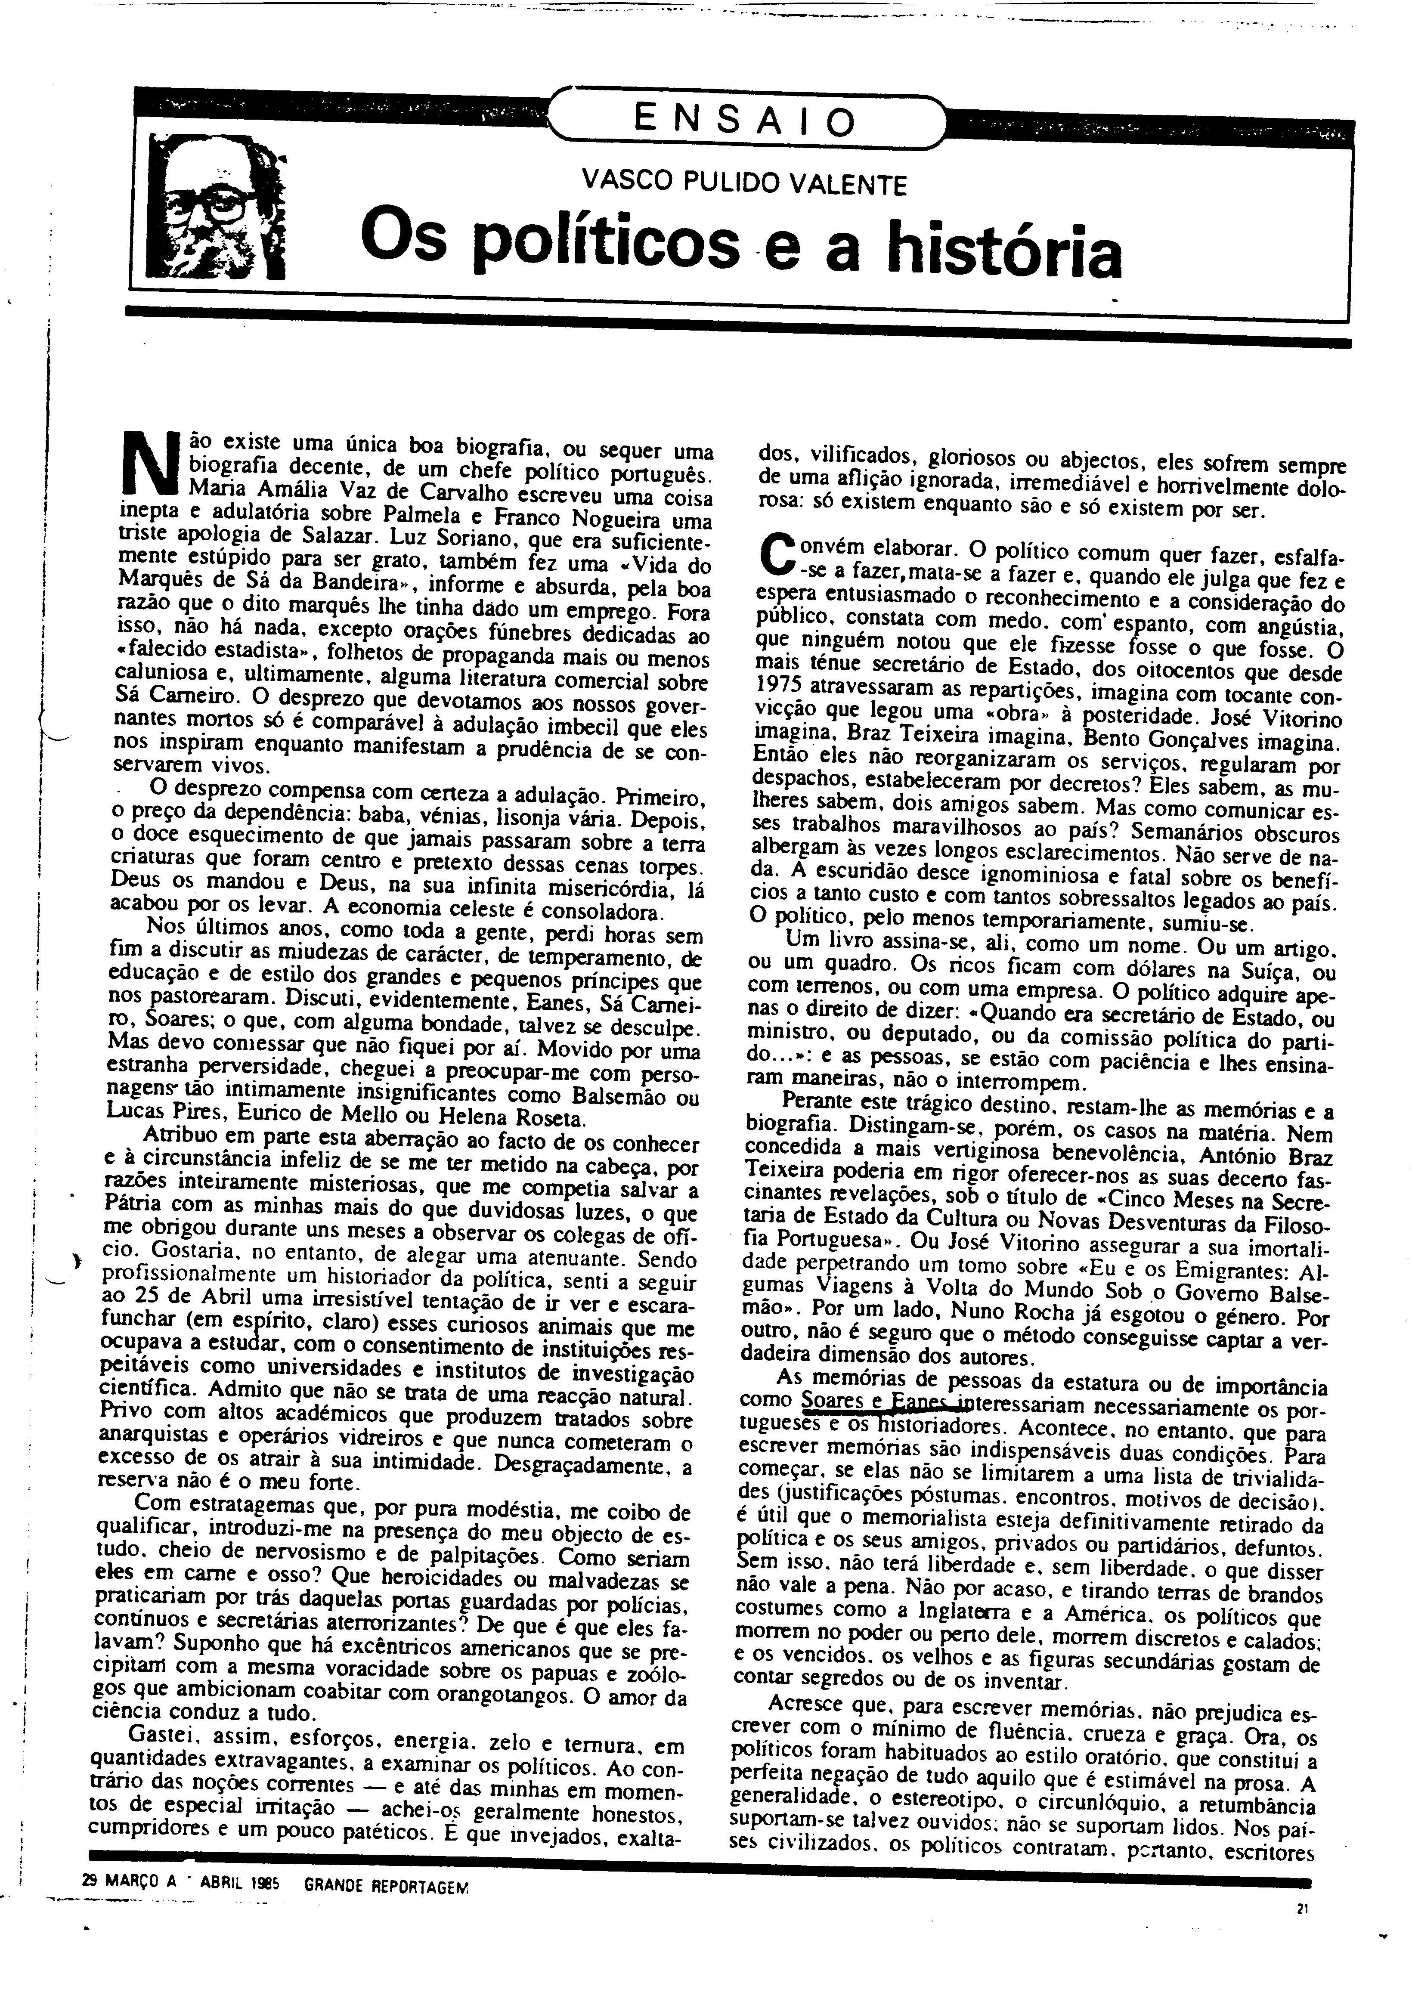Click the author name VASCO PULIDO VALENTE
point(745,185)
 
